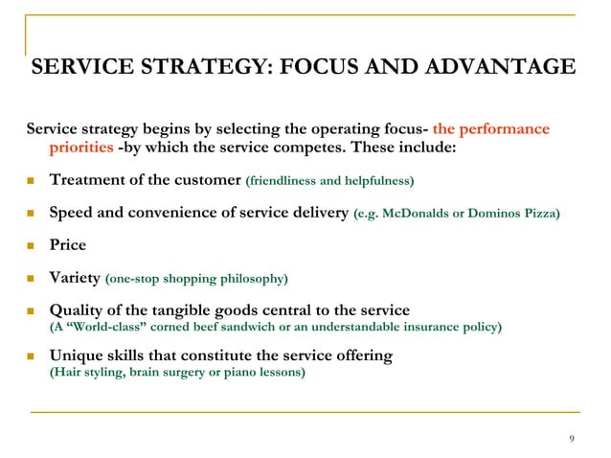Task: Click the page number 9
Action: point(571,439)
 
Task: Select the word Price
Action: point(68,244)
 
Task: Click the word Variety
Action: point(75,278)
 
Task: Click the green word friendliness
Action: point(290,180)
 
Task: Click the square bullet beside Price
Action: point(33,245)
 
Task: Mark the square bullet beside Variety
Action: point(33,279)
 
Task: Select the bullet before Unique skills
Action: point(33,356)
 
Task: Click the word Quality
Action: point(79,310)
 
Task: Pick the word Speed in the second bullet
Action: point(72,212)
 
